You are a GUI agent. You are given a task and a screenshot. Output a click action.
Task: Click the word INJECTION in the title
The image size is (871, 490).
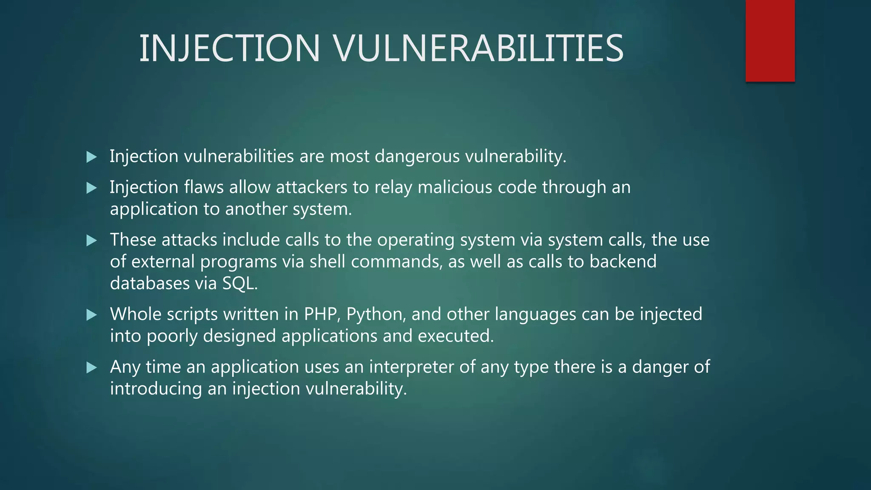230,48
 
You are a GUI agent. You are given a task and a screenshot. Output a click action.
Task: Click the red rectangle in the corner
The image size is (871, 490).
770,41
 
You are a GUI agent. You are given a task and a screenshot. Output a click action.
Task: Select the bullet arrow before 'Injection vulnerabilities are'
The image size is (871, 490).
91,157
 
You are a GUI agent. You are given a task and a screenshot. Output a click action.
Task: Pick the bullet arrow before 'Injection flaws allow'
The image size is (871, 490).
91,188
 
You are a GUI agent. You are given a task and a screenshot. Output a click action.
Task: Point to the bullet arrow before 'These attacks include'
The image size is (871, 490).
91,241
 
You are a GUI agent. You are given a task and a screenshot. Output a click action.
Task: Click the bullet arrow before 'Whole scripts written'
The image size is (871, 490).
91,315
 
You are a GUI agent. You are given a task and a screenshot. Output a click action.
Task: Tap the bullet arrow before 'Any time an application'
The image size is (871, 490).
91,367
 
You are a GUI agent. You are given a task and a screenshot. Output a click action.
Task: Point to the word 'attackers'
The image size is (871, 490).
311,187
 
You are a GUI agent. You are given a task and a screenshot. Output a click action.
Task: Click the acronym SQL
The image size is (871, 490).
239,283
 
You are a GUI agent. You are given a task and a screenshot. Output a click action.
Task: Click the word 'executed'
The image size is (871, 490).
455,336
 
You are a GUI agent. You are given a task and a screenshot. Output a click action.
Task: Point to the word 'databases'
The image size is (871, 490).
150,283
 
